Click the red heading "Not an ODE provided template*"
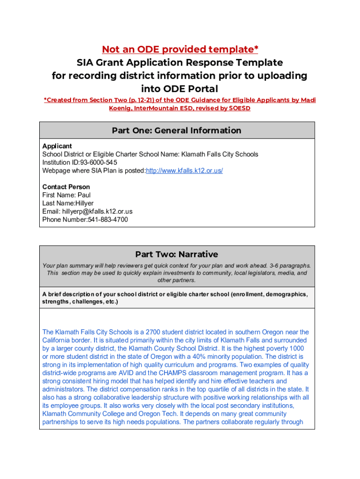pyautogui.click(x=180, y=50)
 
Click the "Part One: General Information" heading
pyautogui.click(x=177, y=131)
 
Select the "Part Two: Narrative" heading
pyautogui.click(x=177, y=254)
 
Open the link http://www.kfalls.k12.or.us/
pyautogui.click(x=185, y=171)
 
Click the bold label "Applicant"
pyautogui.click(x=57, y=146)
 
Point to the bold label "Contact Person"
pyautogui.click(x=66, y=187)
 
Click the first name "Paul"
pyautogui.click(x=84, y=195)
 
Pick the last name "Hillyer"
pyautogui.click(x=85, y=203)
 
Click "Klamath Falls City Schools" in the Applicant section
pyautogui.click(x=220, y=154)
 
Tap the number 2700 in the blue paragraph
pyautogui.click(x=153, y=332)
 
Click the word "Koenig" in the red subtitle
pyautogui.click(x=120, y=108)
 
